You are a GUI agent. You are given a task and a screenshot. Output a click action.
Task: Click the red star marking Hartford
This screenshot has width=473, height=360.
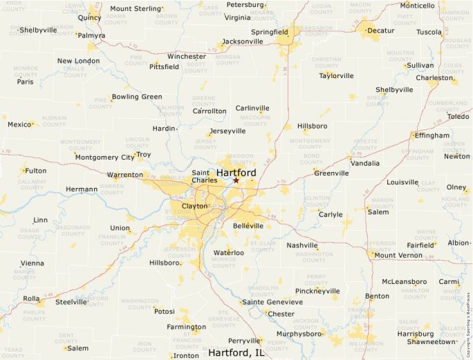coord(236,180)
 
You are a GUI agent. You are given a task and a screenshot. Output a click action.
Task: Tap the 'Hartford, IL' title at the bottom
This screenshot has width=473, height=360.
coord(236,352)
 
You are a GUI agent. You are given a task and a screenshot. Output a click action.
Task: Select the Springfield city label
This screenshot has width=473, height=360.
coord(269,32)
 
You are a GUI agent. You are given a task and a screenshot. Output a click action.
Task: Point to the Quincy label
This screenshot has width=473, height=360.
coord(89,17)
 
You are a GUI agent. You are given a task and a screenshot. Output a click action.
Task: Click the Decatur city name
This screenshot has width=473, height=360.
coord(380,31)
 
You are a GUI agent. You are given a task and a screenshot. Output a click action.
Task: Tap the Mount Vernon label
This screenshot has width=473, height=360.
coord(398,255)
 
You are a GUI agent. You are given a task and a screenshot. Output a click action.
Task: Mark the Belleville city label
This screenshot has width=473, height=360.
coord(248,226)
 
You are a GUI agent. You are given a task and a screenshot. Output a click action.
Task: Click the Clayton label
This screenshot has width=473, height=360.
coord(194,206)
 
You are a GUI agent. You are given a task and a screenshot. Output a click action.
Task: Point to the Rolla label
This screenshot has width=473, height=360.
coord(31,299)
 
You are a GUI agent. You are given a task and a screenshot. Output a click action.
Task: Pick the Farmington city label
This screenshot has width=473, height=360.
coord(186,327)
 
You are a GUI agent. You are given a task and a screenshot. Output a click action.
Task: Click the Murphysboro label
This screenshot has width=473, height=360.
coord(300,334)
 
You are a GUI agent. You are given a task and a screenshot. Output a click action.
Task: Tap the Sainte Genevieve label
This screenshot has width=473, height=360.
coord(272,302)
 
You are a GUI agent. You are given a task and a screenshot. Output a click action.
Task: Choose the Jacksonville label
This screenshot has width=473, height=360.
coord(242,41)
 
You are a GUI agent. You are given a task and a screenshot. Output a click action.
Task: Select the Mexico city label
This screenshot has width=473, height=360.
coord(20,124)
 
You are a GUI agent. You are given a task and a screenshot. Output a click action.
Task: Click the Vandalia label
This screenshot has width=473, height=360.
coord(365,163)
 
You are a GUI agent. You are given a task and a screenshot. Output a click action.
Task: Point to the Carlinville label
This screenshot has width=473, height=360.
coord(252,108)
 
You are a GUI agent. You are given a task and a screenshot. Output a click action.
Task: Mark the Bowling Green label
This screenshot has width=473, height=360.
coord(137,97)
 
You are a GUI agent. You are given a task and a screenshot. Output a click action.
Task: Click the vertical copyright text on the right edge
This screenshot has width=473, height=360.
coord(468,322)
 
